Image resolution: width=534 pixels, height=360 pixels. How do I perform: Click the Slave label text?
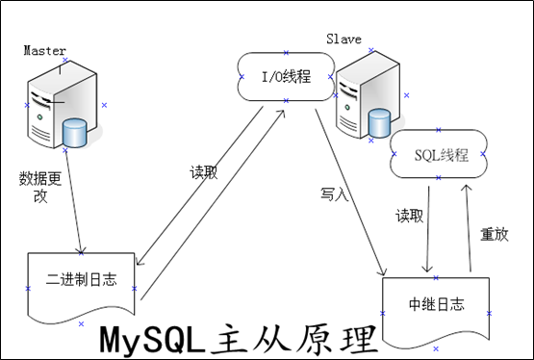click(343, 39)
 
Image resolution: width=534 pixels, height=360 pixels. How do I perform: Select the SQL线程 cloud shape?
click(440, 155)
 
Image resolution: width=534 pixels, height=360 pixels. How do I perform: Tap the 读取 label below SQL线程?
click(408, 216)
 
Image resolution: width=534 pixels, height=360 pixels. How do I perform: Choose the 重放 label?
click(493, 233)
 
